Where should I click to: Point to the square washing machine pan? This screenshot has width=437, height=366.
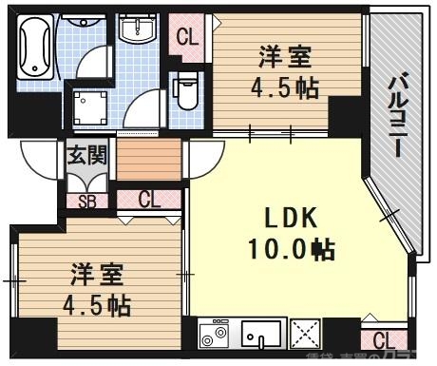[91, 111]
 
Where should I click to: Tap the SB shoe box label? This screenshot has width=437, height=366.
[86, 201]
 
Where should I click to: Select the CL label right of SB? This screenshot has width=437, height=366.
[149, 200]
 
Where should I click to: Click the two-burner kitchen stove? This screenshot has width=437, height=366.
[215, 335]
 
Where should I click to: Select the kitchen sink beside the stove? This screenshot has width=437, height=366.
[262, 335]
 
